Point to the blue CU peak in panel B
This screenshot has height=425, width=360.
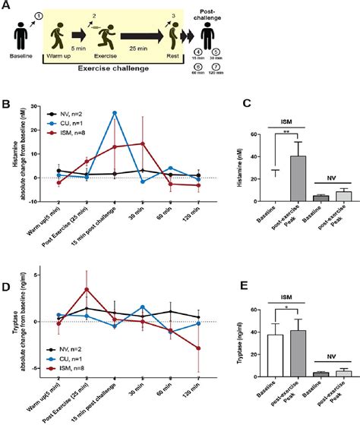(114, 112)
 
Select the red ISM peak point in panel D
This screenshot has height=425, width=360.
(87, 289)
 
